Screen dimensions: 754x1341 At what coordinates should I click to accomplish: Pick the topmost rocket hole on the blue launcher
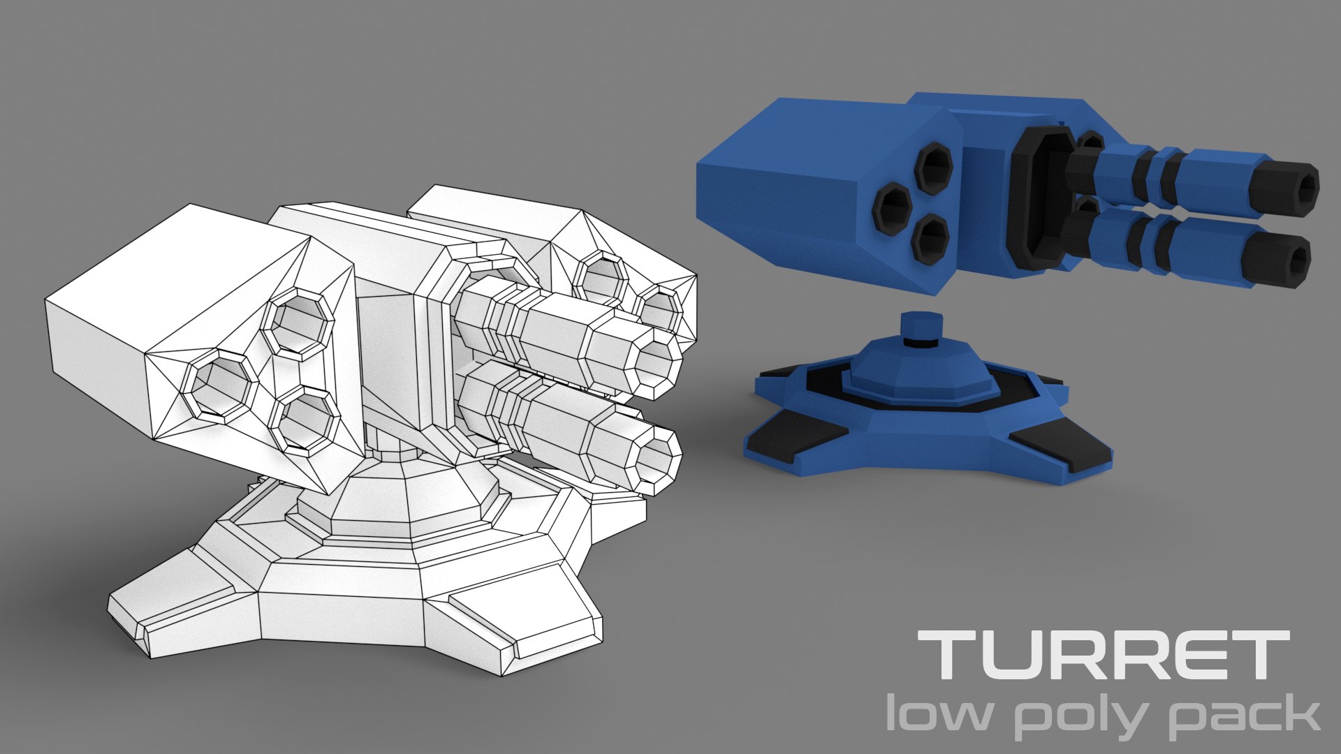934,168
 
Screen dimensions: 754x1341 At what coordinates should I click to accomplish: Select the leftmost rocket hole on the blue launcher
894,207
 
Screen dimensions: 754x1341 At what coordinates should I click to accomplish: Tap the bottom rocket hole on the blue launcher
932,239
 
